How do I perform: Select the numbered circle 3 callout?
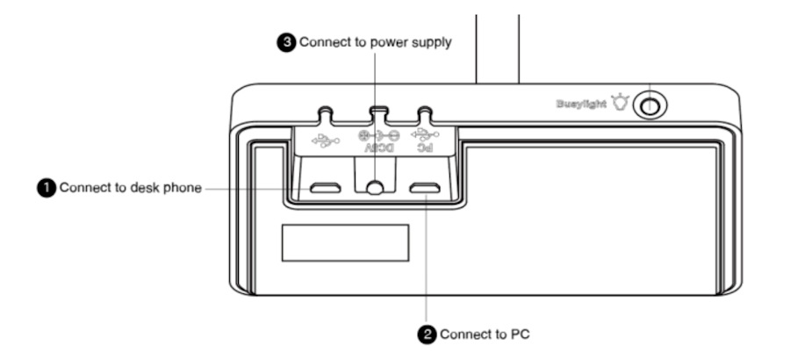click(286, 42)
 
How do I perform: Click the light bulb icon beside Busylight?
click(622, 104)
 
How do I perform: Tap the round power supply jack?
click(376, 187)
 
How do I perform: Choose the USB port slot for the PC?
click(427, 187)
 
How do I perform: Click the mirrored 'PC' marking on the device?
click(425, 149)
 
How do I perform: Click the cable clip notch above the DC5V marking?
click(378, 115)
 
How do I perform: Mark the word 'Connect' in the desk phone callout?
click(84, 187)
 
